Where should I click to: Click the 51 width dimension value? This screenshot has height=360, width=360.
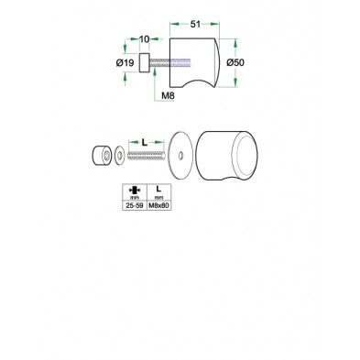click(195, 25)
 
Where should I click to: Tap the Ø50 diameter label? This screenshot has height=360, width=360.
click(235, 62)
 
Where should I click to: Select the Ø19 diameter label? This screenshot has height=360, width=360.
click(125, 63)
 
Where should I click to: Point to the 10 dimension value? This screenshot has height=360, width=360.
click(145, 39)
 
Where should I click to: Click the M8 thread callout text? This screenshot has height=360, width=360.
click(168, 95)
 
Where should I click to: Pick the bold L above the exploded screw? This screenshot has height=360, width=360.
click(145, 142)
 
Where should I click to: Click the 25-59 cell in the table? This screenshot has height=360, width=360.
click(135, 206)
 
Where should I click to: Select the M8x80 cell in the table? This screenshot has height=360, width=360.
click(158, 206)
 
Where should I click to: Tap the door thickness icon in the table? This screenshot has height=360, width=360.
click(135, 191)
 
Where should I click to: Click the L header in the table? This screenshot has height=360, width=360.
click(158, 189)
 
